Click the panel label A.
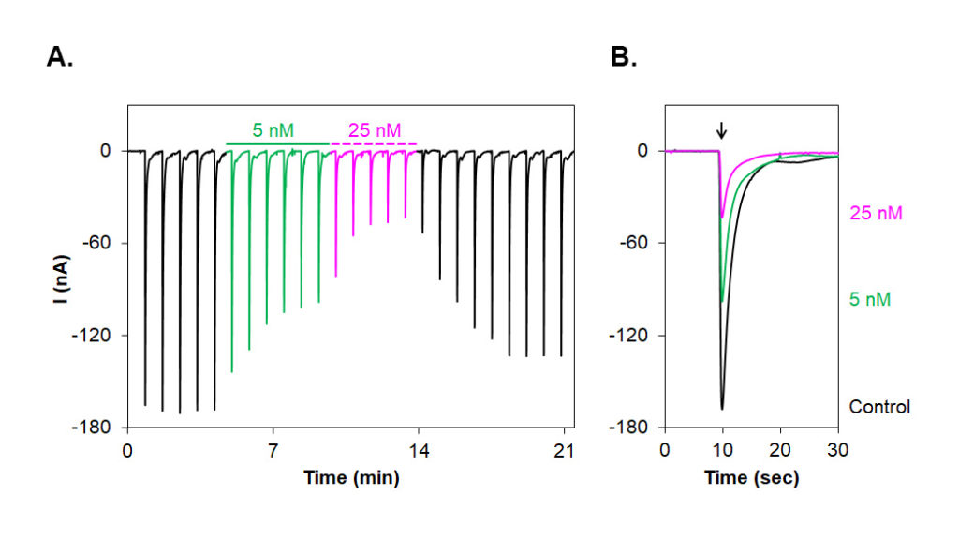[x=60, y=57]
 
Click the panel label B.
[x=624, y=57]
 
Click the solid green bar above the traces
[x=277, y=144]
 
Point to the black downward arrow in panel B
[x=720, y=129]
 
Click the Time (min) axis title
[x=350, y=478]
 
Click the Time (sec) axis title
[x=751, y=478]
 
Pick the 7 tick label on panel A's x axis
[x=273, y=449]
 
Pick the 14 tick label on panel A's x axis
[x=418, y=449]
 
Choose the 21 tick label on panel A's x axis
[x=563, y=449]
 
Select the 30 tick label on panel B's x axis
[x=837, y=449]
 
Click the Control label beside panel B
[x=879, y=407]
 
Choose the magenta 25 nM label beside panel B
[x=876, y=214]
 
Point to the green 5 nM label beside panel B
[x=870, y=300]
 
